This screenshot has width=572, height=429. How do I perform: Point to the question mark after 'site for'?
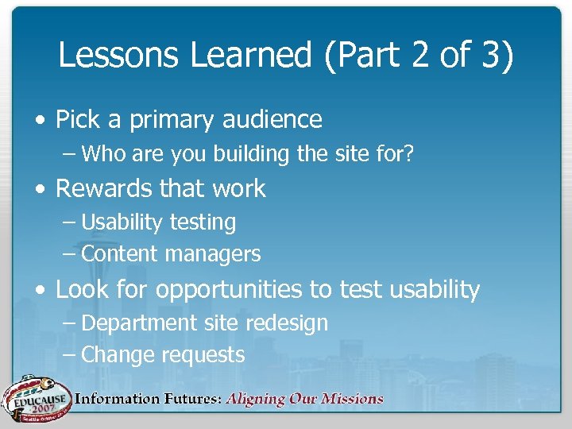(409, 153)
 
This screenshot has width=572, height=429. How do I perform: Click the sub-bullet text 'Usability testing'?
(158, 222)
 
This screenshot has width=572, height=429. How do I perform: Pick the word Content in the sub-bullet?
(120, 254)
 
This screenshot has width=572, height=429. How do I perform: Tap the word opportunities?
(230, 290)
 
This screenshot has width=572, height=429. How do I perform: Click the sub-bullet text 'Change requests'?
(163, 354)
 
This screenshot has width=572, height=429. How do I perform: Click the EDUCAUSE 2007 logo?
(36, 396)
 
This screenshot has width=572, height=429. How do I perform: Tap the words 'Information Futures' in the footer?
(148, 399)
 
